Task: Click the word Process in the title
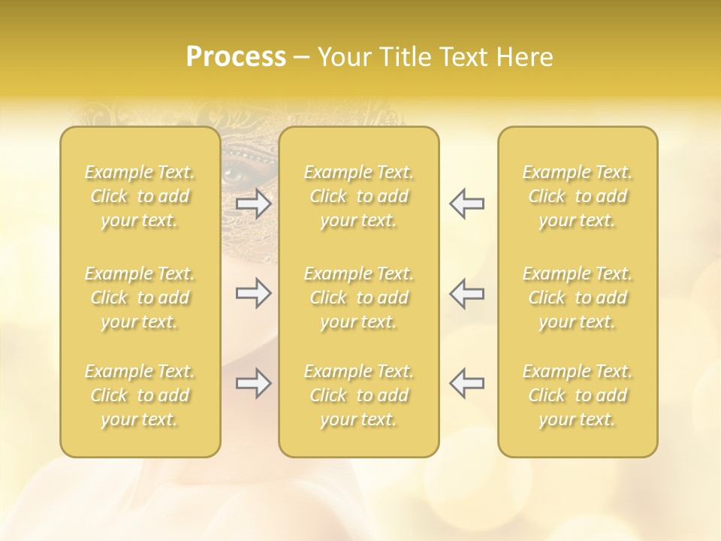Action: click(x=236, y=57)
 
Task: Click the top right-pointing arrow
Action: click(x=254, y=204)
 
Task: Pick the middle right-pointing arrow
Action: click(x=254, y=293)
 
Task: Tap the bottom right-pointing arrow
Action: click(x=254, y=383)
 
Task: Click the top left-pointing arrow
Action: click(x=466, y=204)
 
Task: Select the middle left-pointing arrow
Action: click(x=466, y=293)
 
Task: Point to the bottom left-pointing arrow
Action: click(x=466, y=383)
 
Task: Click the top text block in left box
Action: click(x=140, y=196)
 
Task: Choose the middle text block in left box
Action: click(x=140, y=298)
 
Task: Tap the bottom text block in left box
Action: click(x=140, y=395)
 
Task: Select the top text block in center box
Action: click(x=359, y=196)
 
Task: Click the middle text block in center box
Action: click(x=359, y=298)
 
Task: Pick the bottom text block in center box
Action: click(x=359, y=395)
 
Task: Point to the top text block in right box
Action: click(x=578, y=196)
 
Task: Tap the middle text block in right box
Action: click(x=578, y=298)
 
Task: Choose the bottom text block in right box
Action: click(x=578, y=395)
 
